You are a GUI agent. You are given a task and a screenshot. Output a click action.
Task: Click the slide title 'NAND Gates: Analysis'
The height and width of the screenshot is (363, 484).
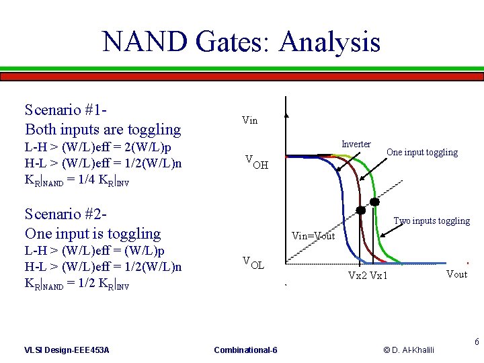click(241, 42)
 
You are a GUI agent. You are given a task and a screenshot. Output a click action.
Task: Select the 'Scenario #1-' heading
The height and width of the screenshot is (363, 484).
click(67, 110)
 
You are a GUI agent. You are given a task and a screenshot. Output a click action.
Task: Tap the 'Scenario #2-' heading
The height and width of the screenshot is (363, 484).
click(67, 214)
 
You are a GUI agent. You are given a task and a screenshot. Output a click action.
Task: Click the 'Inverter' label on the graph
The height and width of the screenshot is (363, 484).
click(356, 145)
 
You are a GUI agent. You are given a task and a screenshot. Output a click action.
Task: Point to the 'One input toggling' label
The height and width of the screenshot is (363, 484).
click(421, 153)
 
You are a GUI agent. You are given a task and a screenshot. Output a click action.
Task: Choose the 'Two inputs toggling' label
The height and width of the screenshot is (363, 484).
click(432, 220)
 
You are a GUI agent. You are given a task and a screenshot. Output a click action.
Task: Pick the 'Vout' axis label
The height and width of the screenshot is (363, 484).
click(456, 274)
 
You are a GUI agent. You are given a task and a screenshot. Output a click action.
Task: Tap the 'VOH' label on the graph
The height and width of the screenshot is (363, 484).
click(256, 162)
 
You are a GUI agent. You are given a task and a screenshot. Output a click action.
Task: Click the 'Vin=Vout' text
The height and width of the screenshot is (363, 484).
click(313, 236)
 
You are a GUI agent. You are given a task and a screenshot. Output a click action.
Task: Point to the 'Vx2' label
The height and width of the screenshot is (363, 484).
click(358, 276)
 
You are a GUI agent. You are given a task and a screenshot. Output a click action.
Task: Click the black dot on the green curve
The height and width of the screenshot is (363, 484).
click(374, 202)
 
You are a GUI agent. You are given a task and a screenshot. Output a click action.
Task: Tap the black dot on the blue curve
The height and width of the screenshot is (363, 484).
click(360, 210)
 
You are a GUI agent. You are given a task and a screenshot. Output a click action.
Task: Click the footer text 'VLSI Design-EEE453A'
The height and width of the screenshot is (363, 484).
click(67, 350)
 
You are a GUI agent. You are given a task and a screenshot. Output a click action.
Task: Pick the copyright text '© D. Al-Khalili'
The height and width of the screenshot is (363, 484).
click(409, 350)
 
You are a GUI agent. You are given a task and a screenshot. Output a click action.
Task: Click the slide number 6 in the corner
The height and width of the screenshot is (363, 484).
click(477, 342)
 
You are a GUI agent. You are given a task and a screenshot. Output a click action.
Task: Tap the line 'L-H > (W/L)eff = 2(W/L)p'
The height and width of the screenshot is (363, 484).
click(97, 147)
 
